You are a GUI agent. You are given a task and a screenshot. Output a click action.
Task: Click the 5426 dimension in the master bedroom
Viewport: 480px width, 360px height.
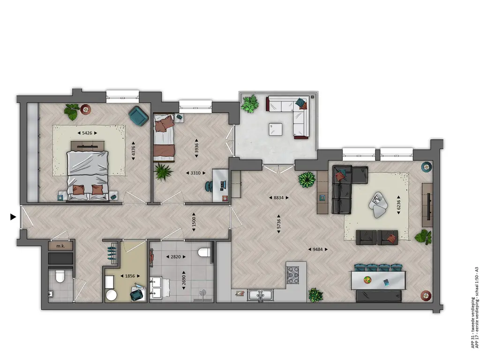pyautogui.click(x=87, y=133)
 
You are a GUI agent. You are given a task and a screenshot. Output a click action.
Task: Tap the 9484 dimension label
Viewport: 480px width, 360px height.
pyautogui.click(x=317, y=249)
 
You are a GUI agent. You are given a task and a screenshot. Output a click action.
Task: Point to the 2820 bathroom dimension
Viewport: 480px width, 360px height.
pyautogui.click(x=175, y=257)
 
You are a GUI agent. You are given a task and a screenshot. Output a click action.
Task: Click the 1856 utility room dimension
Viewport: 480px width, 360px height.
pyautogui.click(x=130, y=276)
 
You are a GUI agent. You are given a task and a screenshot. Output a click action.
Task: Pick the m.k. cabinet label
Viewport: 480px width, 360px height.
pyautogui.click(x=60, y=246)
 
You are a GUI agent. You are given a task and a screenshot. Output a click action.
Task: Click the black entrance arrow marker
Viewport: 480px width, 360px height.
pyautogui.click(x=13, y=217)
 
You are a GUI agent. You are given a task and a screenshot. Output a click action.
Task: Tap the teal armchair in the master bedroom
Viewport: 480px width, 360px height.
pyautogui.click(x=139, y=116)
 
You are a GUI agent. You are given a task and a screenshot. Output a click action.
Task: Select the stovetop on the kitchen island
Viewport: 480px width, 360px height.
pyautogui.click(x=292, y=275)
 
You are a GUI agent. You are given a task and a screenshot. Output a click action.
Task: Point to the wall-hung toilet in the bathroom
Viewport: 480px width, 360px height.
pyautogui.click(x=203, y=252)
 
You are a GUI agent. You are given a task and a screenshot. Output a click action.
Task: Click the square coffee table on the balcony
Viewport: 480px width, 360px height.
pyautogui.click(x=276, y=129)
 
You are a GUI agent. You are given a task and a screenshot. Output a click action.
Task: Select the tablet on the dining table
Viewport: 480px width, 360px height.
pyautogui.click(x=386, y=283)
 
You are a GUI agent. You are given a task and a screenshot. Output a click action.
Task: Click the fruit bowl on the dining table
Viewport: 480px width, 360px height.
pyautogui.click(x=367, y=280)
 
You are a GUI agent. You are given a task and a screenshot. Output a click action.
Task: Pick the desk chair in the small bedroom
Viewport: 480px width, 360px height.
pyautogui.click(x=209, y=186)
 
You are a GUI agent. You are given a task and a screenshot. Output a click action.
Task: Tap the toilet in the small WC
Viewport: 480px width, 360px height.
pyautogui.click(x=59, y=277)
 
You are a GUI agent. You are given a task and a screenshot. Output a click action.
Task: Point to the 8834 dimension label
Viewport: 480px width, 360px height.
pyautogui.click(x=278, y=198)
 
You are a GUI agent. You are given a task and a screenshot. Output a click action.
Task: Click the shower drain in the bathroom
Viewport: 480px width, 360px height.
pyautogui.click(x=202, y=292)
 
